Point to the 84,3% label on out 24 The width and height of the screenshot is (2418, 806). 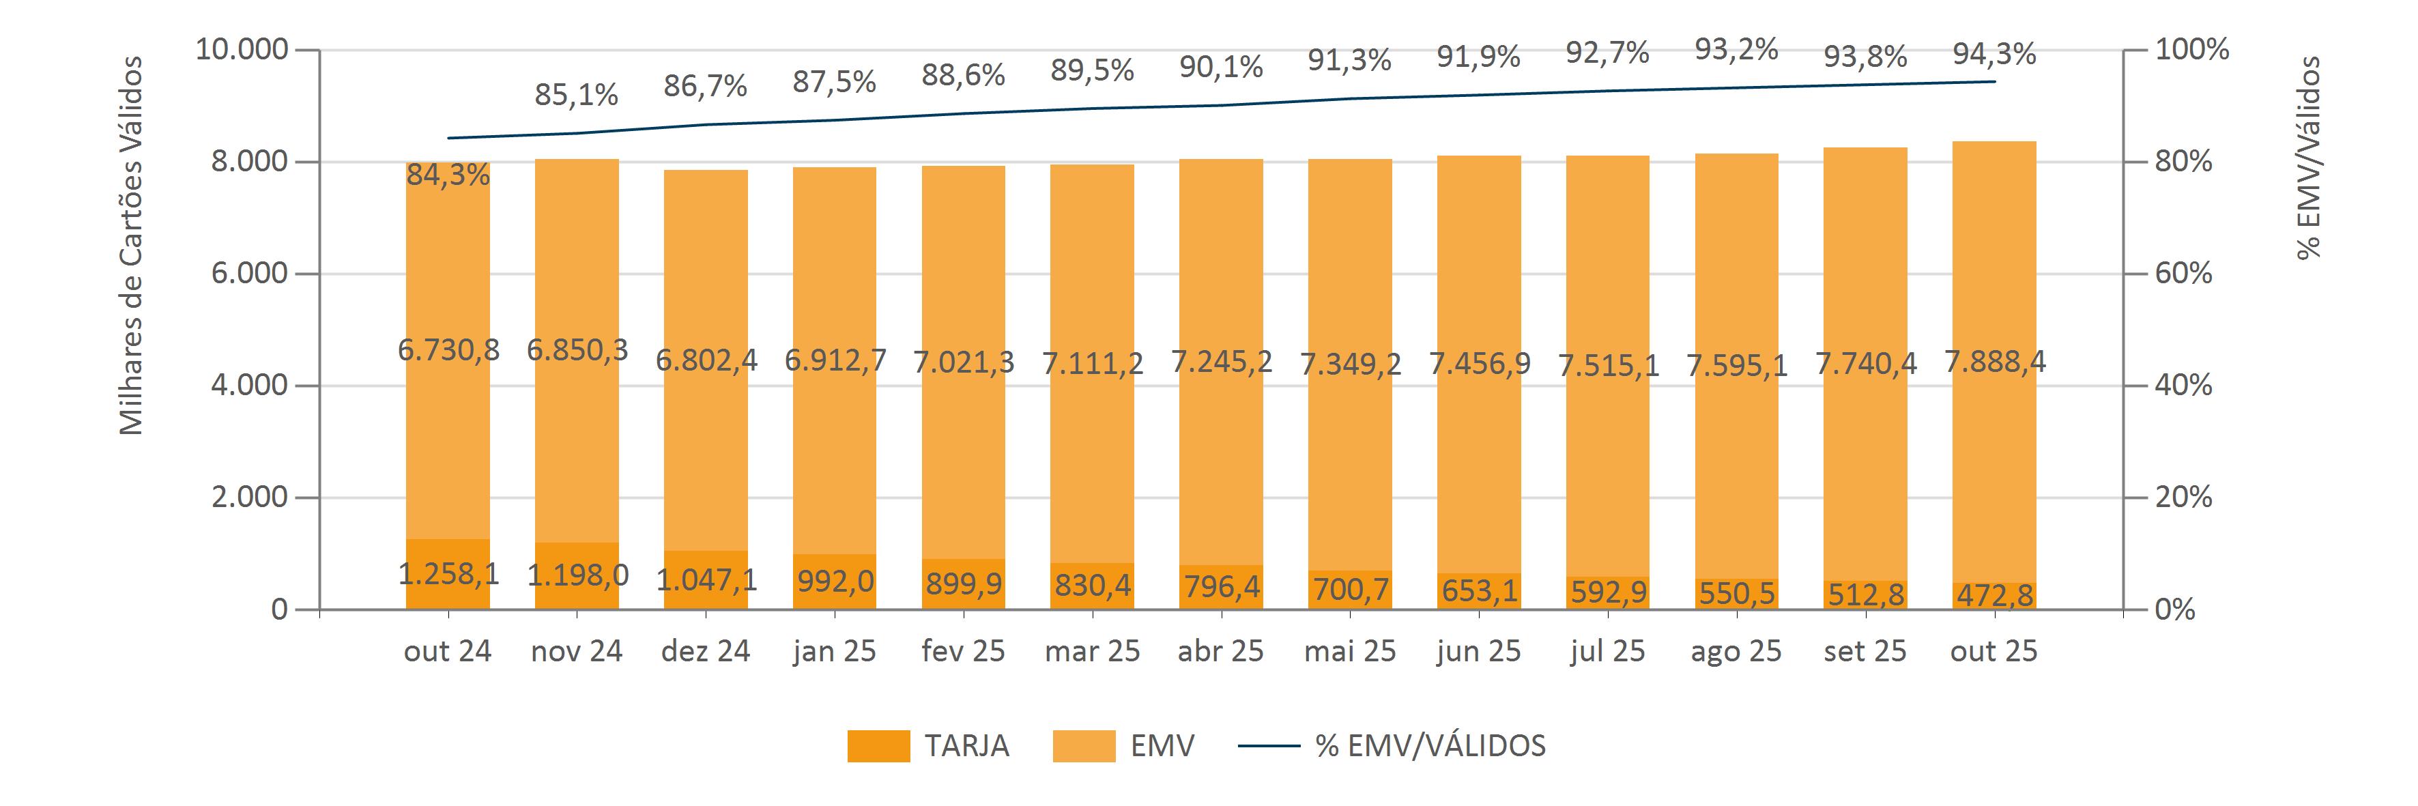click(448, 175)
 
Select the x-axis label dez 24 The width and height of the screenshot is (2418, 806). click(706, 651)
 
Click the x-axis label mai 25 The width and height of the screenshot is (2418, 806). click(1350, 651)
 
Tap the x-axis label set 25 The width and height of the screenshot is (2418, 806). click(1865, 651)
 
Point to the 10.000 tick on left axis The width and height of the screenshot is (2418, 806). click(241, 48)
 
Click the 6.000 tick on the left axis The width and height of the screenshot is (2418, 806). click(248, 273)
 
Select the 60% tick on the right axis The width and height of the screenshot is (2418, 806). click(2183, 273)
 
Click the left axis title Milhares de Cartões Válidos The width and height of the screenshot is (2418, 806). click(132, 246)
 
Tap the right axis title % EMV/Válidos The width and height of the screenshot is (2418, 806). click(2308, 158)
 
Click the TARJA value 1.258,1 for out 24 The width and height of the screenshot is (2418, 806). click(448, 573)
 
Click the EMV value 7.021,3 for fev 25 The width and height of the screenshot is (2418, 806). click(963, 362)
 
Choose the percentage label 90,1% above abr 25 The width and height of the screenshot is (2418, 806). click(1220, 67)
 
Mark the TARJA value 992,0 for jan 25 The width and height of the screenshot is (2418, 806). click(835, 581)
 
